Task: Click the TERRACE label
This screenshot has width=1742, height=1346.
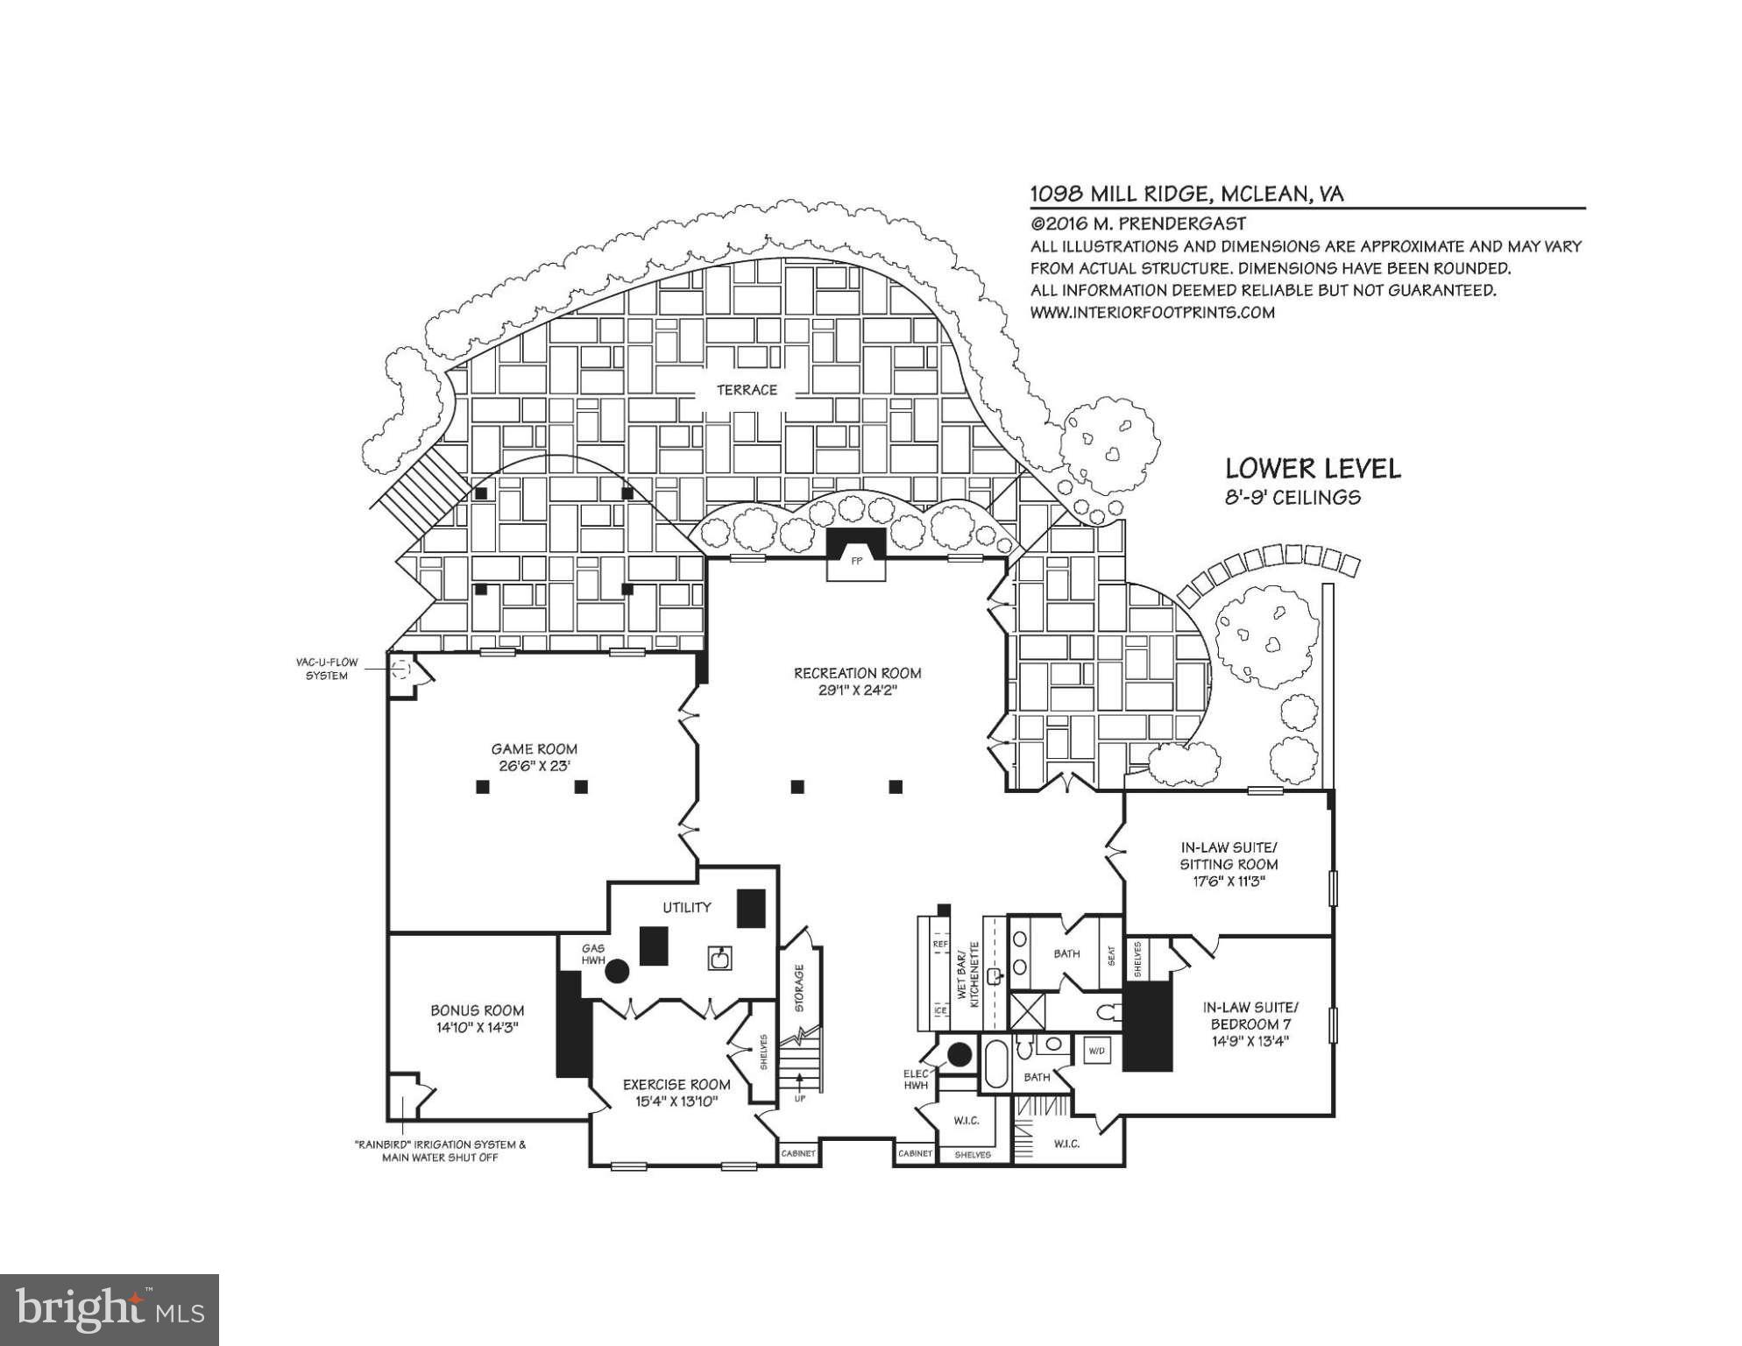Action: pos(747,390)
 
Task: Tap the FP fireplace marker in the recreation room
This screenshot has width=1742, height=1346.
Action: pos(856,562)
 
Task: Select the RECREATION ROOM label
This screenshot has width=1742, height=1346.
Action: pos(857,673)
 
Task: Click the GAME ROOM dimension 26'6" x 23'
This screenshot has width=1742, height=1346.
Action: pos(534,766)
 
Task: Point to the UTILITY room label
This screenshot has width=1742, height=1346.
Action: pos(686,907)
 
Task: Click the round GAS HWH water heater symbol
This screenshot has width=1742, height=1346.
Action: pos(617,971)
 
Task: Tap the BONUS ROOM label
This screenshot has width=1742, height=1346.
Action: pos(477,1010)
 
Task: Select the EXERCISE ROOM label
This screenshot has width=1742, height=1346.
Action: pos(676,1085)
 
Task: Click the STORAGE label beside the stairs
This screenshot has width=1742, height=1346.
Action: pos(798,988)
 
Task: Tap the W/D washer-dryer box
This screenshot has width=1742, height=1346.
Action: pos(1096,1050)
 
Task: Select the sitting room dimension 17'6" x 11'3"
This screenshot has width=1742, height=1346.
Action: pos(1229,881)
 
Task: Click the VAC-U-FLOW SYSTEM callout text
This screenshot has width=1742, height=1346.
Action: pos(326,669)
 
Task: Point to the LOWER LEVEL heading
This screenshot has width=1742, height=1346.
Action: pos(1312,469)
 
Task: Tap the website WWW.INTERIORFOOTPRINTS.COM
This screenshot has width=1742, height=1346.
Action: pos(1151,312)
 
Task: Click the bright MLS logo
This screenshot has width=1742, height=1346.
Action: pos(110,1310)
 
